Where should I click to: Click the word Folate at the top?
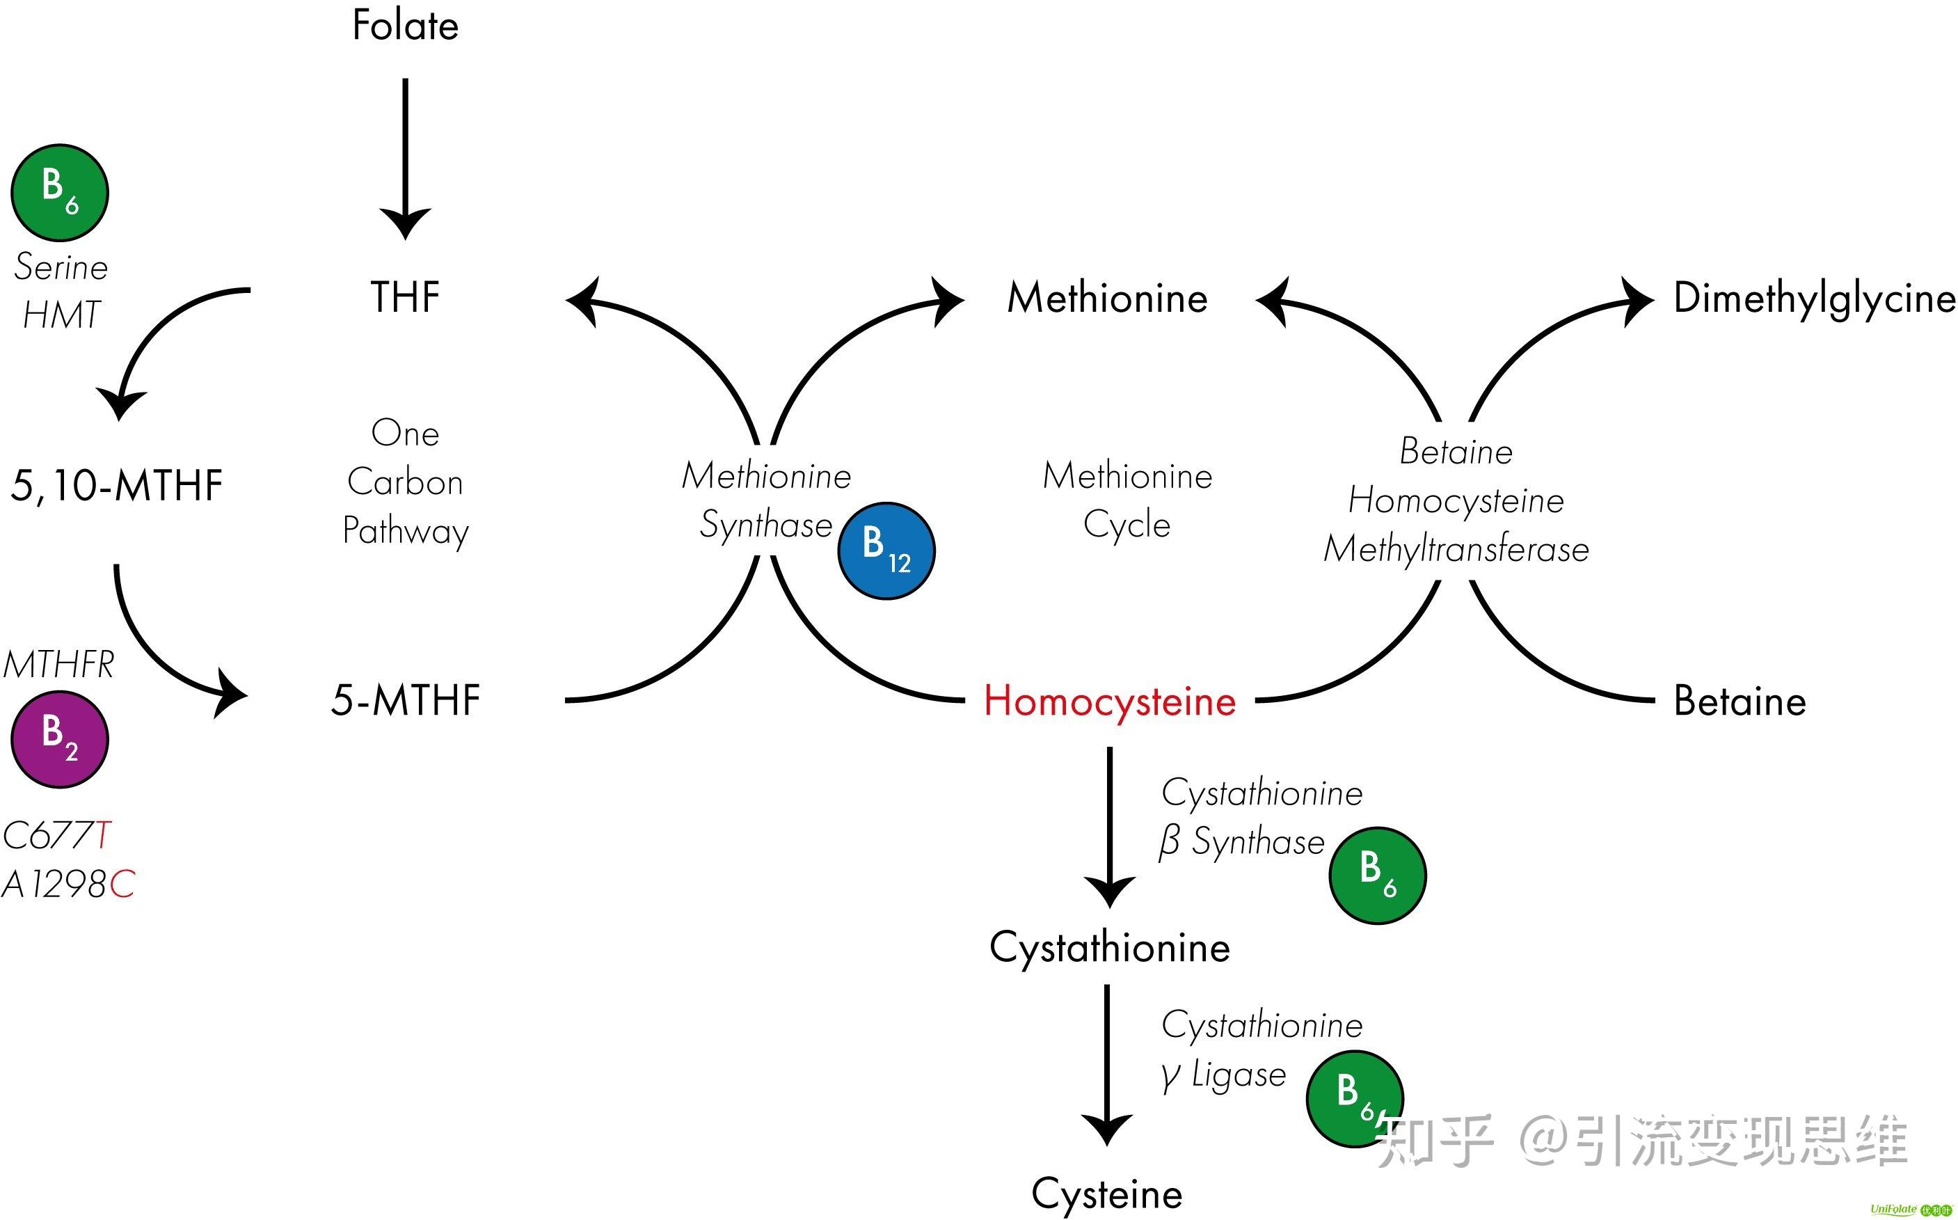point(405,25)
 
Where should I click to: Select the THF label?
point(405,297)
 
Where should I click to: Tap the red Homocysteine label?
point(1109,700)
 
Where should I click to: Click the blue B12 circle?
point(886,551)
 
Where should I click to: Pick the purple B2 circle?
point(60,739)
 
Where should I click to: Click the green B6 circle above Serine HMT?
point(60,193)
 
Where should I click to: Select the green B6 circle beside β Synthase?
point(1377,876)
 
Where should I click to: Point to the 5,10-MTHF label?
point(116,486)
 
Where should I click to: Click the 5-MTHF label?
point(405,699)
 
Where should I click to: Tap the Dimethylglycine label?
point(1813,298)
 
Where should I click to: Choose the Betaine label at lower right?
point(1740,700)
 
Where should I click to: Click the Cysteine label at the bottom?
point(1107,1194)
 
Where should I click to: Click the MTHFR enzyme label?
point(58,665)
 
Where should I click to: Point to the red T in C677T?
point(102,836)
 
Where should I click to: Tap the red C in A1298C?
point(122,885)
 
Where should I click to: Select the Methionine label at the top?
point(1107,298)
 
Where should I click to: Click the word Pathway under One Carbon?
point(405,531)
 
